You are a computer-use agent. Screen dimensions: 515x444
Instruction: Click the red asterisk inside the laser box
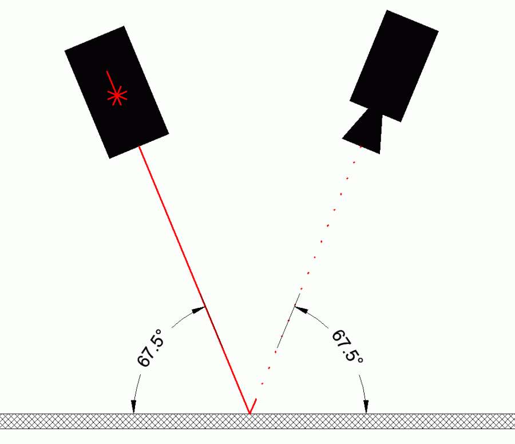click(x=117, y=96)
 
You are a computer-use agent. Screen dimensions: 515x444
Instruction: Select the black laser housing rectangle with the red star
click(x=117, y=92)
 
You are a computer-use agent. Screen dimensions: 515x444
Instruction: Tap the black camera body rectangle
click(x=394, y=66)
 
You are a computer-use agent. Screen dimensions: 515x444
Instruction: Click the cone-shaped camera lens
click(x=365, y=132)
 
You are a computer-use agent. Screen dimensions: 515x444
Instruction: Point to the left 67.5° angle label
click(x=150, y=348)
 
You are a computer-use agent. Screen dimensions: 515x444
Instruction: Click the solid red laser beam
click(x=194, y=280)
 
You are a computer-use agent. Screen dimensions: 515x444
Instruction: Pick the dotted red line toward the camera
click(x=311, y=265)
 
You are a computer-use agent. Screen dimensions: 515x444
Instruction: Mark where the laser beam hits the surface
click(x=249, y=414)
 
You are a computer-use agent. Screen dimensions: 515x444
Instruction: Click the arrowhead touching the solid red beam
click(x=199, y=310)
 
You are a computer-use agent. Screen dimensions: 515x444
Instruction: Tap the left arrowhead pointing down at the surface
click(x=133, y=407)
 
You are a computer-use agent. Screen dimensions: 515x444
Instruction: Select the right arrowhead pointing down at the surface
click(x=366, y=407)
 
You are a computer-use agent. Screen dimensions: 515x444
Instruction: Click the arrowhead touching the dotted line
click(x=301, y=309)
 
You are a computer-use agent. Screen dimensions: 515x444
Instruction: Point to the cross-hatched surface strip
click(x=257, y=421)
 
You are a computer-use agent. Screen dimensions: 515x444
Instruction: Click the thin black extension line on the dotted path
click(x=288, y=321)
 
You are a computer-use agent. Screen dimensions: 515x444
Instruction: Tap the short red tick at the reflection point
click(x=253, y=406)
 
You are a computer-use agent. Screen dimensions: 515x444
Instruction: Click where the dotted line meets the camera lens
click(x=361, y=146)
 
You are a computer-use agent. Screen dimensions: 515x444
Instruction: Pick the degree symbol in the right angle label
click(x=360, y=360)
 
